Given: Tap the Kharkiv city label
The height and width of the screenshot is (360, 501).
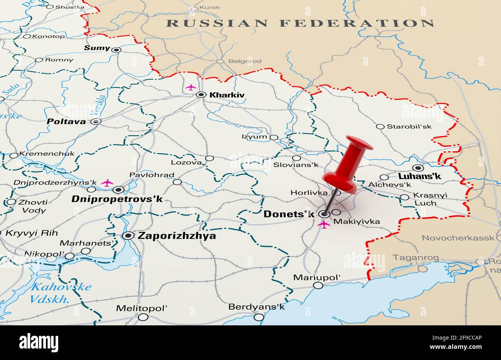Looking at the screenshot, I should point(227,95).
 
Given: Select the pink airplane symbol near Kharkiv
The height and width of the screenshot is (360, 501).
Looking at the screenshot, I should point(191,87).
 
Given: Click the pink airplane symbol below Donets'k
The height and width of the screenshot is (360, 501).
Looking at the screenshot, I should point(324,224).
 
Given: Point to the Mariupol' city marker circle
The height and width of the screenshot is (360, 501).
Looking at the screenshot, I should point(318,285).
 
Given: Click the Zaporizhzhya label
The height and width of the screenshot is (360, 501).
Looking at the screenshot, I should point(177,236).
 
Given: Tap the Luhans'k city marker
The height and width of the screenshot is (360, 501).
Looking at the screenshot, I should point(418,168).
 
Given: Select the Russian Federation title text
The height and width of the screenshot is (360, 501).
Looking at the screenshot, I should point(300,23).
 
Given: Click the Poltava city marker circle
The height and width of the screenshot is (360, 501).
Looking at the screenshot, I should point(96,121).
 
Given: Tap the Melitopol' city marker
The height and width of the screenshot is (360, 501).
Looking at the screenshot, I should point(143,317).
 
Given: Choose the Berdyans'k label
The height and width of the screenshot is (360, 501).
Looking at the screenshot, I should point(256,307).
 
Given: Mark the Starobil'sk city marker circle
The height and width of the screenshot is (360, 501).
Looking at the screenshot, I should point(380,126).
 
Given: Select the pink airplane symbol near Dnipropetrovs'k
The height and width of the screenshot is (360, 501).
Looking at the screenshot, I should point(107,183).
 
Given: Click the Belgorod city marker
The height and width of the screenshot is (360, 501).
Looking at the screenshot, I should point(220,61).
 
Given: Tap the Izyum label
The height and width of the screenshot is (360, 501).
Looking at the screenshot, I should point(254,136).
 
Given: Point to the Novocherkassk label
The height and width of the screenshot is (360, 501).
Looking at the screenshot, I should point(458,238).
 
